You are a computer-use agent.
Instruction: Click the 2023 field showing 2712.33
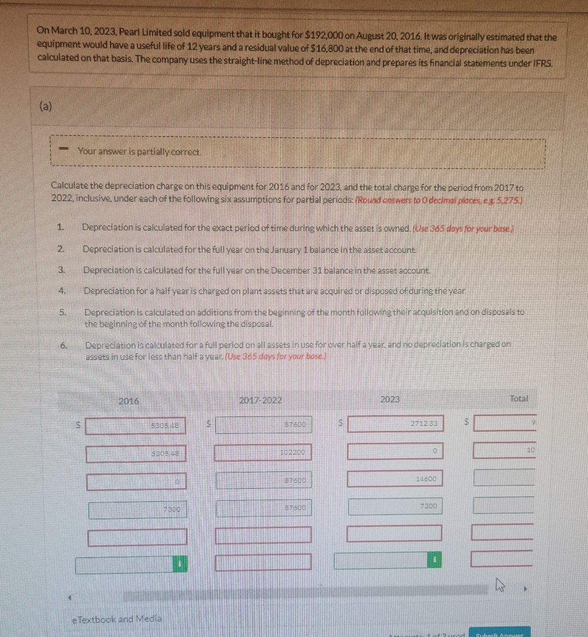tap(395, 424)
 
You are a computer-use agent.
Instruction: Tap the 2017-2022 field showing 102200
tap(263, 452)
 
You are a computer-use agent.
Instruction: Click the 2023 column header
tap(390, 399)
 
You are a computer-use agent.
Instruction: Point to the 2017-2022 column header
tap(260, 400)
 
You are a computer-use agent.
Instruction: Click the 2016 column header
tap(128, 401)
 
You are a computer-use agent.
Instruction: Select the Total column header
tap(519, 398)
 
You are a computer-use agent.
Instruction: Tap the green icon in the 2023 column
tap(434, 560)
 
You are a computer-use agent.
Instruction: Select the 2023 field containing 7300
tap(395, 506)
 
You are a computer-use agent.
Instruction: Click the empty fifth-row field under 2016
tap(137, 537)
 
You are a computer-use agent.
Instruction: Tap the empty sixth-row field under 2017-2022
tap(263, 562)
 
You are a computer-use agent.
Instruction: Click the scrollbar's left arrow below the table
tap(70, 596)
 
